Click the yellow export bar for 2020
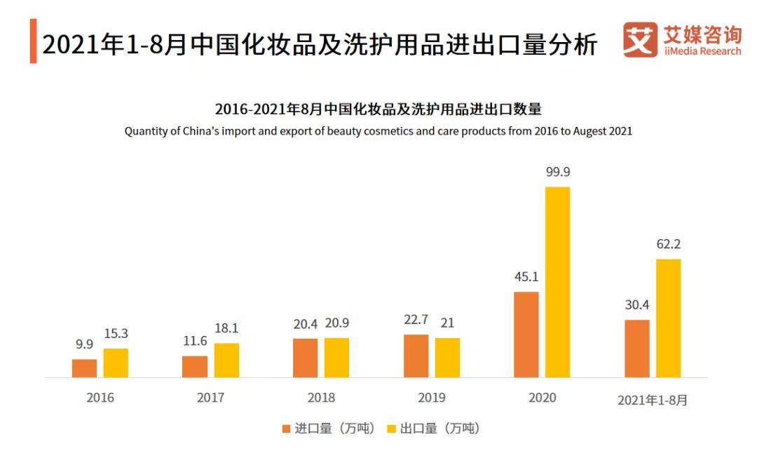557,282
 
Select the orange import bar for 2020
526,335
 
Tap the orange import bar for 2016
84,368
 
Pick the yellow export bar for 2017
226,360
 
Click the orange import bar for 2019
416,356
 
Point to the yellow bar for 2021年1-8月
668,318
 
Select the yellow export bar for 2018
336,358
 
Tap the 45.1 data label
526,277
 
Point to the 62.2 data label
668,245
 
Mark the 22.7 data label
416,321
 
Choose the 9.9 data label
84,345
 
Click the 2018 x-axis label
321,398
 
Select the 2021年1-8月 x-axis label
653,400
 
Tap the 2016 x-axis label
100,398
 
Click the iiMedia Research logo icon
640,40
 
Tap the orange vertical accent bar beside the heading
33,42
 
